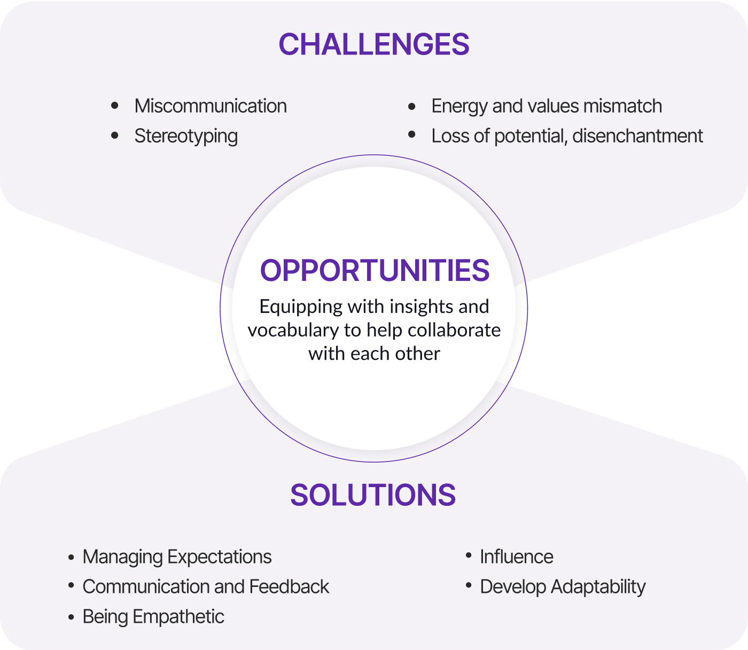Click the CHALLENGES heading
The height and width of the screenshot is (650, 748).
(374, 44)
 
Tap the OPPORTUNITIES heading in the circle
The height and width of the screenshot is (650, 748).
(375, 270)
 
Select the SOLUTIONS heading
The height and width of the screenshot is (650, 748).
(373, 495)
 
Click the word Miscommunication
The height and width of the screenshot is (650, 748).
(211, 106)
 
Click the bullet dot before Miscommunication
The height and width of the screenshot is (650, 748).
(115, 106)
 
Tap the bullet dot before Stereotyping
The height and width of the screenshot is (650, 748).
(115, 136)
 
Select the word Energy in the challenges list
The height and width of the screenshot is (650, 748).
(459, 107)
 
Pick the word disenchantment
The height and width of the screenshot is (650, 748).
(637, 136)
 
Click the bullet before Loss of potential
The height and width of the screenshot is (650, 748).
(411, 135)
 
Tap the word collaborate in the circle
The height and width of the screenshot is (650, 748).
(454, 330)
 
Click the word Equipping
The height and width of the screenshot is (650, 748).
(301, 308)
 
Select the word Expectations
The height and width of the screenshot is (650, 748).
(220, 558)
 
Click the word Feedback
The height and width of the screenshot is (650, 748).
(289, 587)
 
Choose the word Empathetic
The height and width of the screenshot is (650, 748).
(178, 617)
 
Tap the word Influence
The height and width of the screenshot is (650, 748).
(517, 557)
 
